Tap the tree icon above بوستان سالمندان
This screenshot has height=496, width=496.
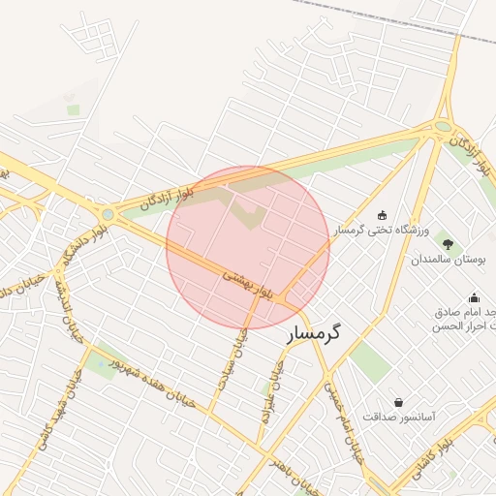point(447,242)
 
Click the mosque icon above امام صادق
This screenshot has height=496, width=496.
point(474,297)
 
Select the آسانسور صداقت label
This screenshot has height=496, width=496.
point(399,417)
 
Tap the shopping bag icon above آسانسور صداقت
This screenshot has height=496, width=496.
point(398,401)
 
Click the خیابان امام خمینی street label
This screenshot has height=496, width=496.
point(348,418)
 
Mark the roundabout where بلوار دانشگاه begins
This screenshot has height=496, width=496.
point(108,214)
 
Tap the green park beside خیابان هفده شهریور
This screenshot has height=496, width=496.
point(99,363)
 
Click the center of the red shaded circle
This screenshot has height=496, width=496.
point(248,247)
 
